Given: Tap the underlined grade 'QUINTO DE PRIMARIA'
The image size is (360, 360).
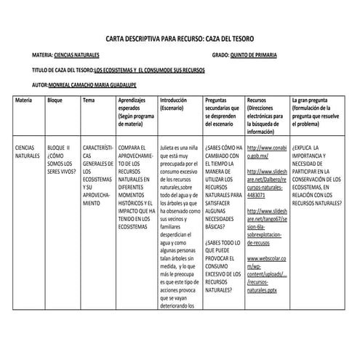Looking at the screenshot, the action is [x=257, y=55].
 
